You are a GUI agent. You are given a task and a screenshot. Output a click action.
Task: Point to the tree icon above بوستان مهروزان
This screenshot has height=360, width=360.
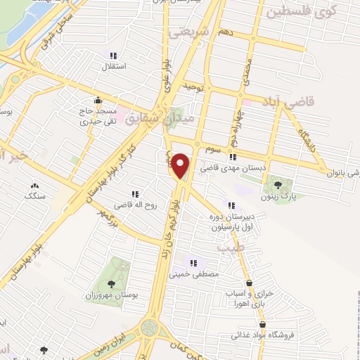coord(111,284)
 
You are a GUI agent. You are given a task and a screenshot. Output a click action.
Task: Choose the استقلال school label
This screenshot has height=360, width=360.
coord(114,67)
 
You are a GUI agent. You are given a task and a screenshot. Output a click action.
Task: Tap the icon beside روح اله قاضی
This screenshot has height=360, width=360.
coord(134,194)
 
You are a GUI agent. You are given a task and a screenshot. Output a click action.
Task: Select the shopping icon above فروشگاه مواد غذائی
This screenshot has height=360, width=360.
coord(262,324)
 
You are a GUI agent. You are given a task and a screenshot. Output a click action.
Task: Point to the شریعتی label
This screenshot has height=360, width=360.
coord(186,33)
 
